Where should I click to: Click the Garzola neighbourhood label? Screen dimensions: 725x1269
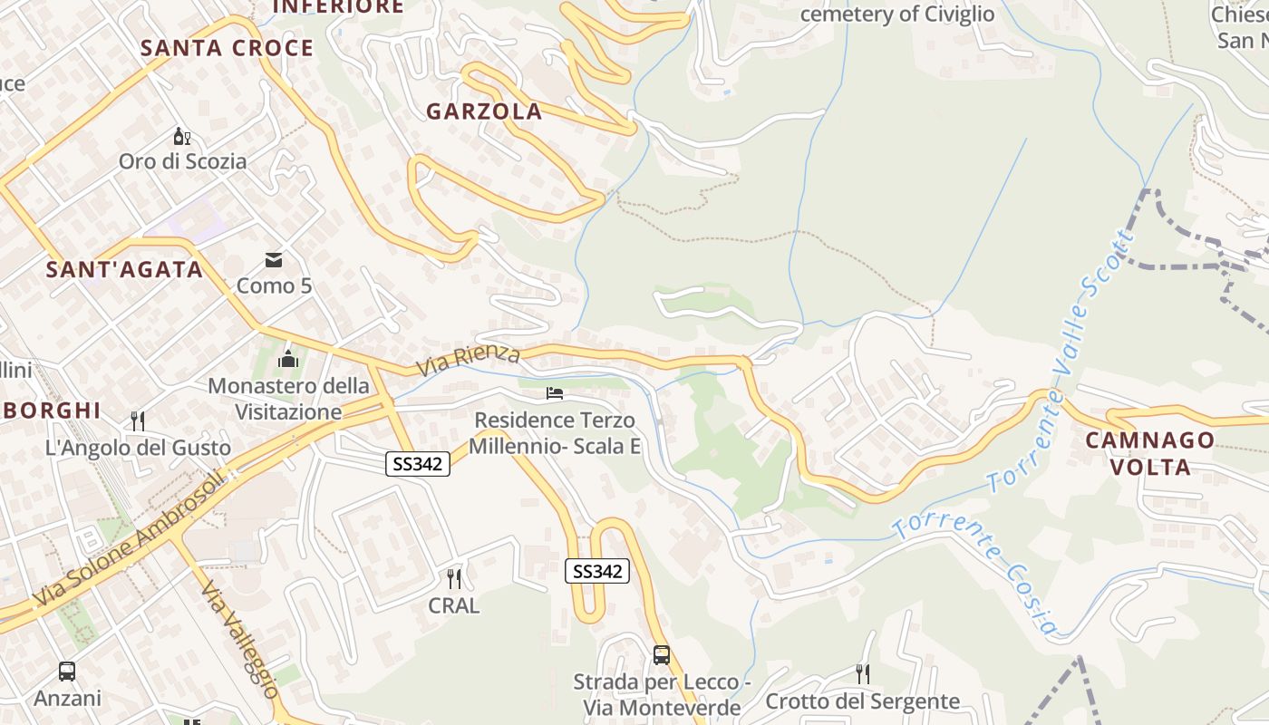(x=484, y=111)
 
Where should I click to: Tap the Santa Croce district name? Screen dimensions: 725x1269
(x=227, y=48)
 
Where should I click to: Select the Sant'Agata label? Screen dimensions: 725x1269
(x=125, y=269)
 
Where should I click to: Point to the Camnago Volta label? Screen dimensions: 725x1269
(x=1150, y=453)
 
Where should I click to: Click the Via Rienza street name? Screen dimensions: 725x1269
(x=468, y=361)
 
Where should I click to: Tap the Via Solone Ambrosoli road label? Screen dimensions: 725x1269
(x=127, y=539)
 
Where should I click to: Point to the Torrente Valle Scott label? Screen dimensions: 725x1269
(x=1061, y=362)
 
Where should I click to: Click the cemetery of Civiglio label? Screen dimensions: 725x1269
(x=897, y=14)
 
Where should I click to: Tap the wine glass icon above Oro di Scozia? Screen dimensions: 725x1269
(x=182, y=137)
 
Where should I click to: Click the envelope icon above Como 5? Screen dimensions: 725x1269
(x=274, y=261)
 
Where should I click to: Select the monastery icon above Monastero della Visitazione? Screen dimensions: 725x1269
(x=288, y=359)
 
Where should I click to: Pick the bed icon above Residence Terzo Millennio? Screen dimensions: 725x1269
(x=555, y=393)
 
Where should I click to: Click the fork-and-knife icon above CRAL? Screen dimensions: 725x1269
(x=454, y=578)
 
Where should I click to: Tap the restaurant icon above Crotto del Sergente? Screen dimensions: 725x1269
(x=863, y=673)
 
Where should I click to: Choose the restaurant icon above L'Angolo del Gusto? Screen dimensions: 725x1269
(x=138, y=420)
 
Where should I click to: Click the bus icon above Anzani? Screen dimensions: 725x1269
(x=67, y=672)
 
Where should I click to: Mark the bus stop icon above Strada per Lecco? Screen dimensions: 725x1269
(x=662, y=654)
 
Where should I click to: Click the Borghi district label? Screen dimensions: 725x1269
(x=51, y=411)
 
